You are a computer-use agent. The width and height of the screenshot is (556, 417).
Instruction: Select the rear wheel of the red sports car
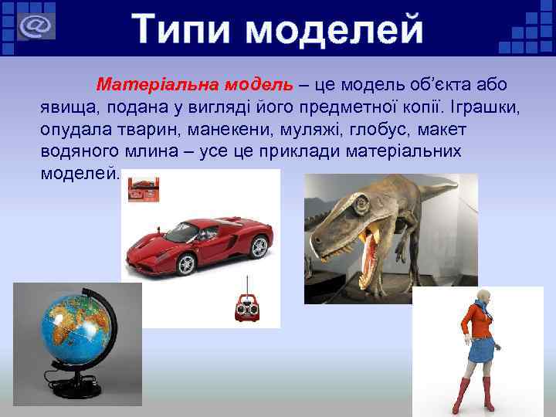pos(258,247)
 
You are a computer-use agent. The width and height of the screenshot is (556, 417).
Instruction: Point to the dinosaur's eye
pos(361,207)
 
